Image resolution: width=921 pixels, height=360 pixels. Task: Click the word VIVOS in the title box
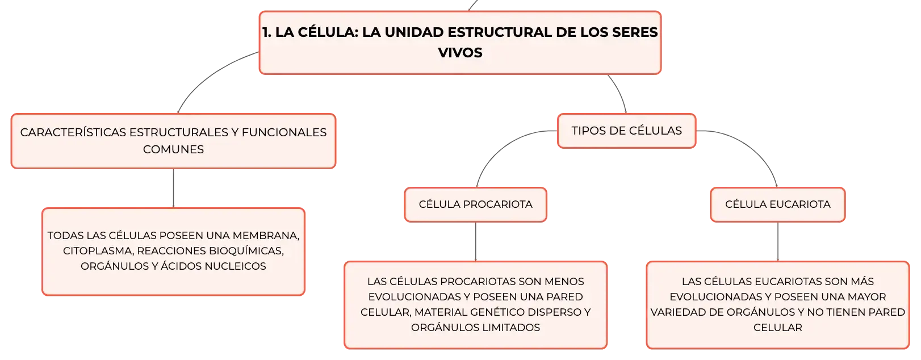[x=460, y=53]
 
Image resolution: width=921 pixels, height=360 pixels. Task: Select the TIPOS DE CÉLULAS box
[x=627, y=131]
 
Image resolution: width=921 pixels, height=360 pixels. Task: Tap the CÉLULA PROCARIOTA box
[x=476, y=204]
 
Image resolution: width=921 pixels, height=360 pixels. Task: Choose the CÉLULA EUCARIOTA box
[x=778, y=204]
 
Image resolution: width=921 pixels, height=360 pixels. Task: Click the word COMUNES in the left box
[x=174, y=149]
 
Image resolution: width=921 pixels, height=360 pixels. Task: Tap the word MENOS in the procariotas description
[x=564, y=282]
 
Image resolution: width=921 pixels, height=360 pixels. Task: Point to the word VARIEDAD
[x=676, y=312]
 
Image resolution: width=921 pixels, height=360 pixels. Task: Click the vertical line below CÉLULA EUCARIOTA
[x=778, y=242]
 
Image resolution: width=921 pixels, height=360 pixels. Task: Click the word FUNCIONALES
[x=284, y=132]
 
